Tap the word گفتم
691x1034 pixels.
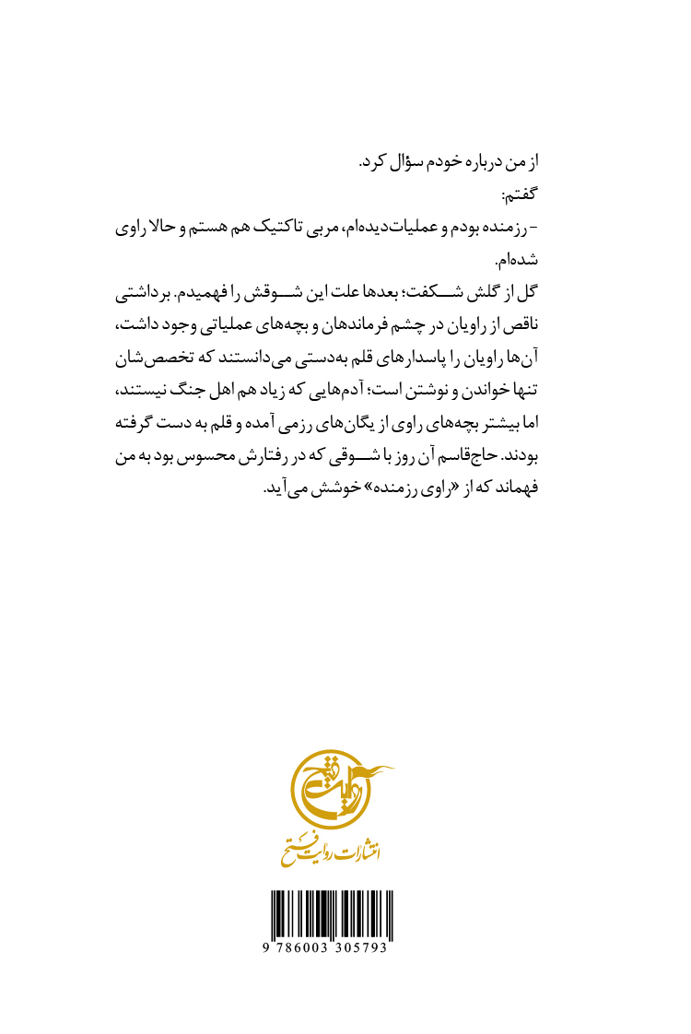coord(517,194)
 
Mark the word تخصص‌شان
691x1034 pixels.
coord(154,358)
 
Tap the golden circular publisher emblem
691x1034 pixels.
coord(333,793)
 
